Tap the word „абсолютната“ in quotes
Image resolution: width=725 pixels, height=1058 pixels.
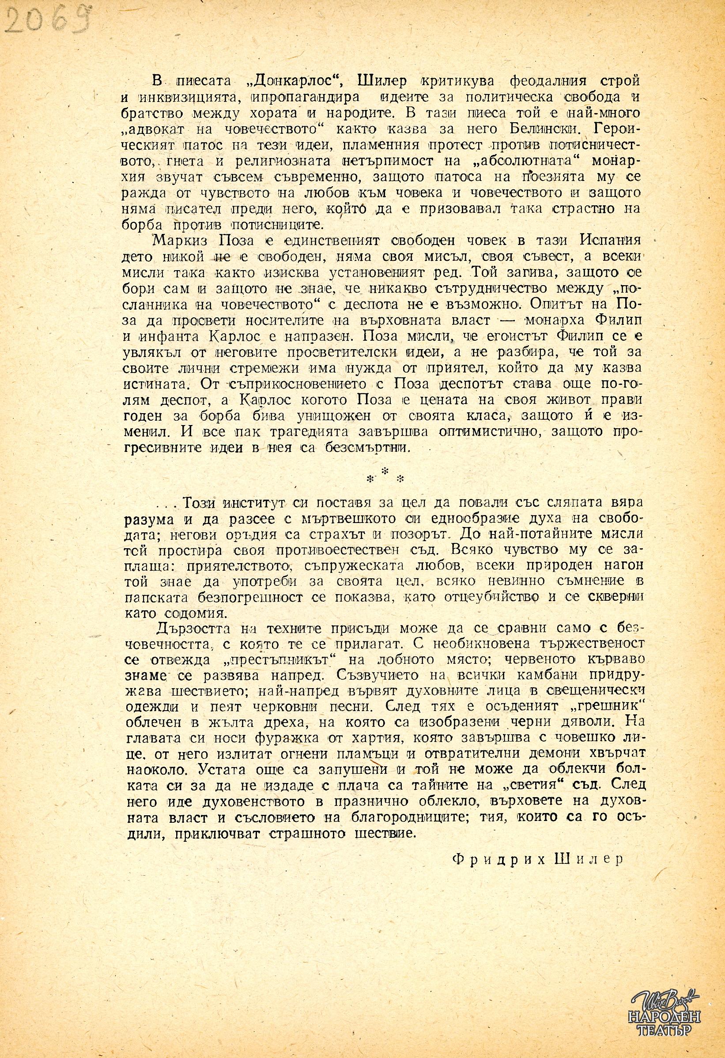coord(524,161)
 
